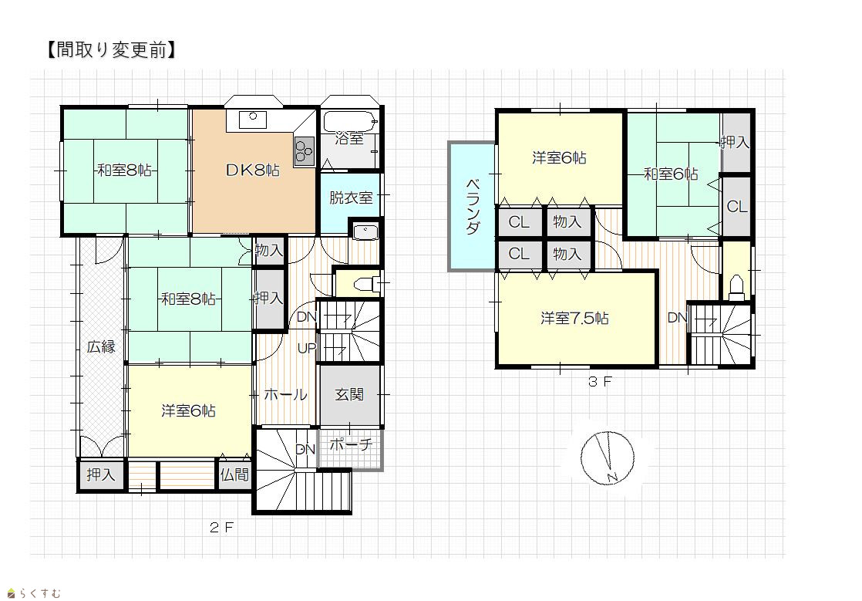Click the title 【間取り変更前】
click(x=111, y=50)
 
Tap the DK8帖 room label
click(x=253, y=170)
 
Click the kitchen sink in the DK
click(x=253, y=119)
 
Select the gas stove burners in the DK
click(x=304, y=150)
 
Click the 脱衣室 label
click(x=351, y=198)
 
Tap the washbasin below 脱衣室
click(x=365, y=232)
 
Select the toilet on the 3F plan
click(x=736, y=288)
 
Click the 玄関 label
click(x=349, y=394)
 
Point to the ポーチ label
click(x=351, y=444)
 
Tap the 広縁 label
click(x=101, y=347)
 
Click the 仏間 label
click(x=234, y=474)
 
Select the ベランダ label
click(x=472, y=207)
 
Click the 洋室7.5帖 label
click(x=574, y=319)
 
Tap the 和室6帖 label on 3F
click(x=671, y=174)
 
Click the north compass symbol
click(x=608, y=458)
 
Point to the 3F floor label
click(x=600, y=382)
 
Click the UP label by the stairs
click(x=307, y=348)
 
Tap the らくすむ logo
click(x=34, y=593)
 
